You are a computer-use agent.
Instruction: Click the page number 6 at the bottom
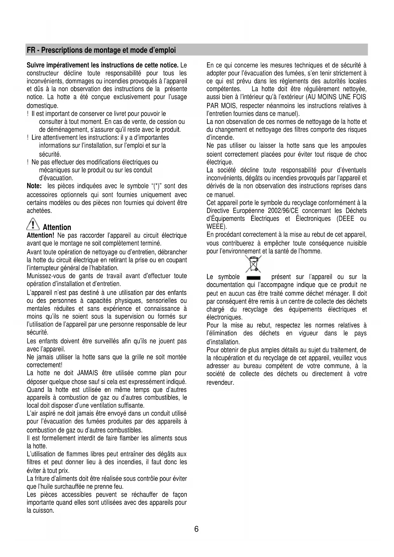point(197,529)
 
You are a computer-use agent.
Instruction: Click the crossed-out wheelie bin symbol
point(253,264)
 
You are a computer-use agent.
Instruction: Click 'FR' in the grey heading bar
point(31,50)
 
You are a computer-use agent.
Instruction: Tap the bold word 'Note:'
point(34,186)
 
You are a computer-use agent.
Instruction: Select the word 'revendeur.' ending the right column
point(220,382)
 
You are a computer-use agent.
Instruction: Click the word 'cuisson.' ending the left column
point(40,511)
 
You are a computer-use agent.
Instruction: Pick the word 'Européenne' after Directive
point(248,211)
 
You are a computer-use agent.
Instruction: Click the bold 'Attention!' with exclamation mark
point(40,236)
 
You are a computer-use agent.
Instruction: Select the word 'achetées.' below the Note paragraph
point(39,211)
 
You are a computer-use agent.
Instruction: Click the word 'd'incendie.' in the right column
point(220,138)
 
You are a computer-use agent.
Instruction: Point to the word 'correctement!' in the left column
point(44,365)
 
